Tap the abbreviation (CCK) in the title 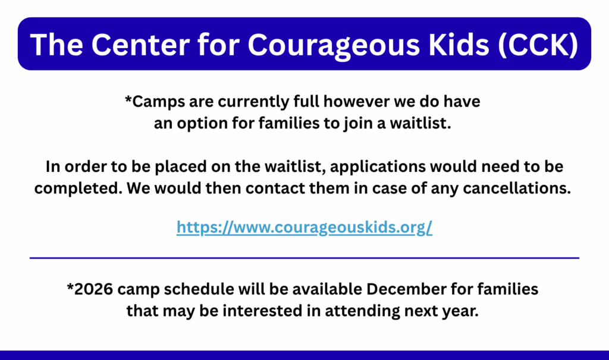click(x=538, y=45)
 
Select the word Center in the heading click(x=140, y=44)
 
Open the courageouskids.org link click(x=304, y=227)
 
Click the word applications click(x=378, y=167)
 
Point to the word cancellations click(x=517, y=188)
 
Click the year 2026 click(x=93, y=289)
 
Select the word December click(x=406, y=289)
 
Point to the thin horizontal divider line click(x=304, y=258)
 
